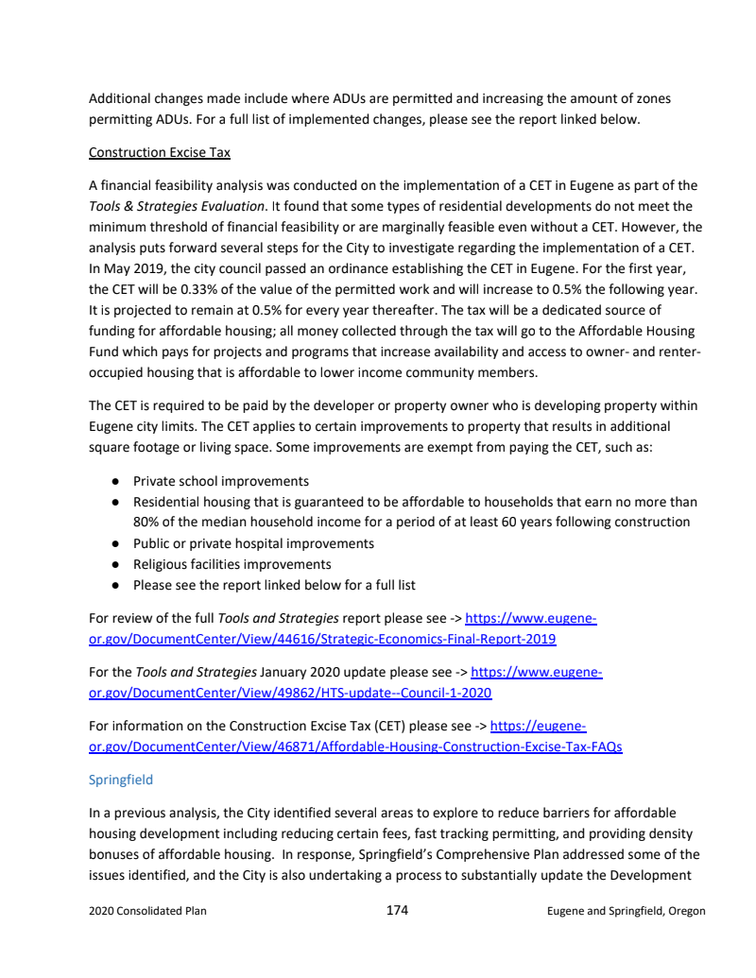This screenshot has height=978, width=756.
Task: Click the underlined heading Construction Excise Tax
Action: (159, 152)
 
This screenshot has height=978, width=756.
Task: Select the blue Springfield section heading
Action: (120, 780)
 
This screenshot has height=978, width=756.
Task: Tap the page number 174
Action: (397, 910)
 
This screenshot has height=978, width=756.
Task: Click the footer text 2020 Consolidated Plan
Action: (147, 911)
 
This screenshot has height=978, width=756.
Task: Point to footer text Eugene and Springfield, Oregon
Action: (626, 911)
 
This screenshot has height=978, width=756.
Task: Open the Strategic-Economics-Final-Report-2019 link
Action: (321, 639)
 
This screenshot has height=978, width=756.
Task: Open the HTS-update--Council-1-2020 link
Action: (289, 693)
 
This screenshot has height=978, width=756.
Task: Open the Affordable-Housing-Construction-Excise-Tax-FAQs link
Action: (354, 746)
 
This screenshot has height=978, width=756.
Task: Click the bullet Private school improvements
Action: (221, 481)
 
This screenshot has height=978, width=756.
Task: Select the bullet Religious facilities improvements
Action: (232, 564)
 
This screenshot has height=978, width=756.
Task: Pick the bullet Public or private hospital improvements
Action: (253, 543)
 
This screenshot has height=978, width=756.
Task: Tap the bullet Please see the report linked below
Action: (274, 585)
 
